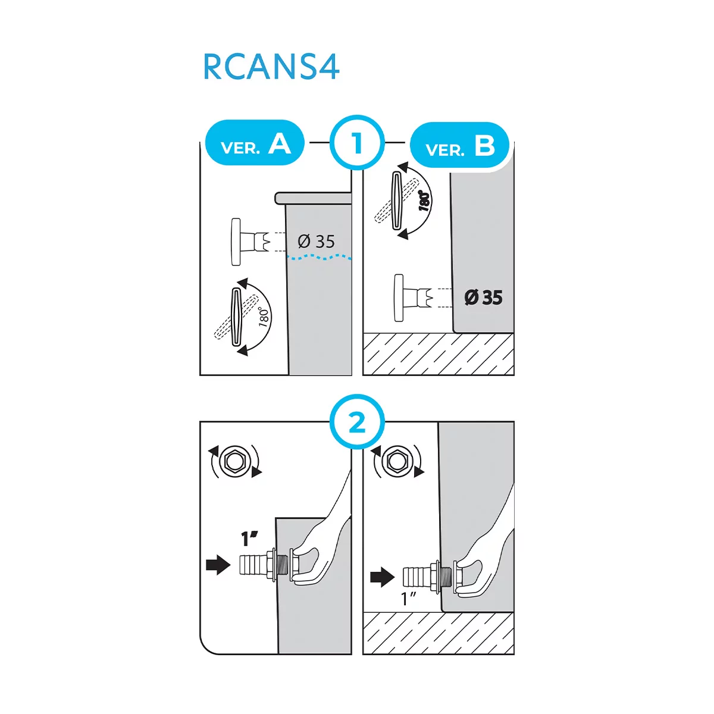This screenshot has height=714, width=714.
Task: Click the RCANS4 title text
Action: coord(271,67)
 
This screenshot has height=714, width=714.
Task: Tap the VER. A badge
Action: coord(255,142)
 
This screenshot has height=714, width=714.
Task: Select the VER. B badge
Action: coord(460,145)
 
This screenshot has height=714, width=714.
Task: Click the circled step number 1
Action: coord(357,143)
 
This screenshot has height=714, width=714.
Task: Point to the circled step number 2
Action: coord(357,421)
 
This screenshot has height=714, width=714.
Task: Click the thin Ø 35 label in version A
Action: coord(316,242)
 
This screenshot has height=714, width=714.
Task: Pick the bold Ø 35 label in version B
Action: coord(483,297)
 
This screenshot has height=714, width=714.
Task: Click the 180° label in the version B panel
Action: coord(425,201)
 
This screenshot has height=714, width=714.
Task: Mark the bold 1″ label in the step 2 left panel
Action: coord(249,538)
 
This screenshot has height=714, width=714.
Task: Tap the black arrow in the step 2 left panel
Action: coord(218,565)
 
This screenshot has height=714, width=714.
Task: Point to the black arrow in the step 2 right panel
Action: coord(383,577)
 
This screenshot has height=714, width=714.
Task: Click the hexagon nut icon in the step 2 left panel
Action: coord(234,461)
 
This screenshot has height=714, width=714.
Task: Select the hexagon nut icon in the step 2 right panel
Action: coord(397,461)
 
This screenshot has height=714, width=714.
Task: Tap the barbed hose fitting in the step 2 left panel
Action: coord(265,564)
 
